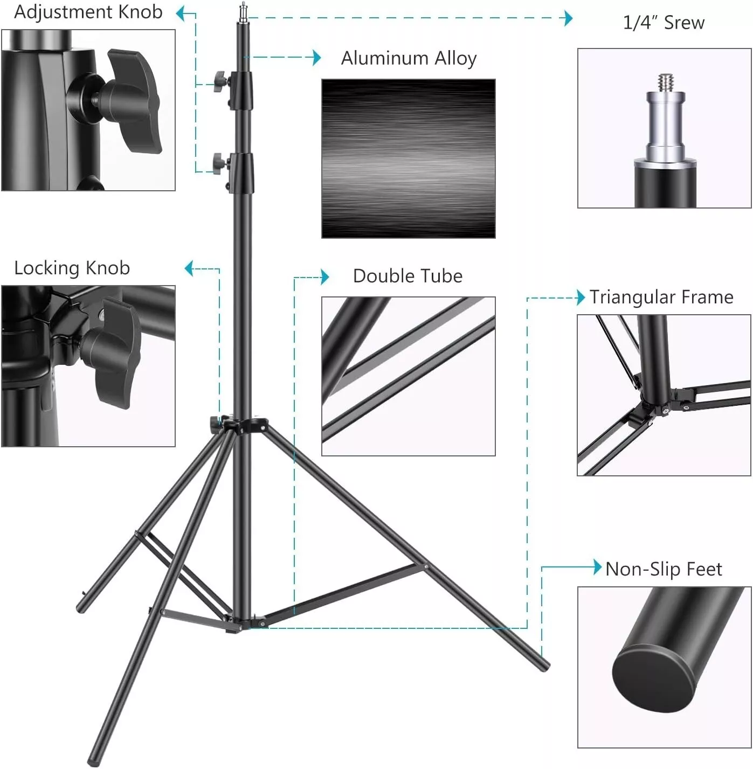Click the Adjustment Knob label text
click(x=88, y=12)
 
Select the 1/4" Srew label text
click(x=664, y=23)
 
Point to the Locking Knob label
click(x=72, y=268)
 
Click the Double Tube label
click(x=407, y=276)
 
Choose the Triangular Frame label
click(x=661, y=297)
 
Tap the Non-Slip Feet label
click(x=664, y=569)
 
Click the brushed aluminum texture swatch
click(x=409, y=158)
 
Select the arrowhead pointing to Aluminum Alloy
click(x=317, y=58)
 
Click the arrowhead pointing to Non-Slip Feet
click(x=597, y=567)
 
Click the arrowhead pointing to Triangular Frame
click(x=581, y=297)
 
